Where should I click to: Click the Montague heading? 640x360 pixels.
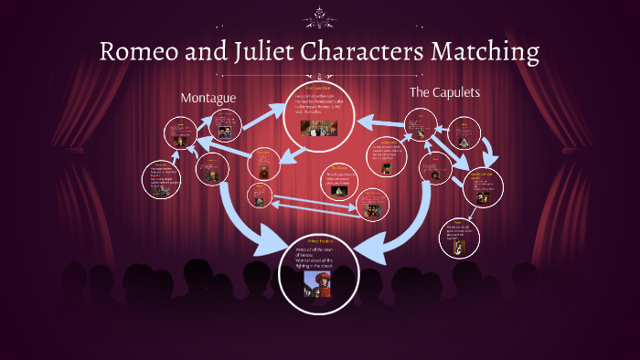coord(209,97)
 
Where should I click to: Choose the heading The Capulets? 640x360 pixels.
coord(444,92)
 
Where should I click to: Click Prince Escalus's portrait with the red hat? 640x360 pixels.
coord(319,281)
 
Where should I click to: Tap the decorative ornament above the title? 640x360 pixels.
coord(320,16)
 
